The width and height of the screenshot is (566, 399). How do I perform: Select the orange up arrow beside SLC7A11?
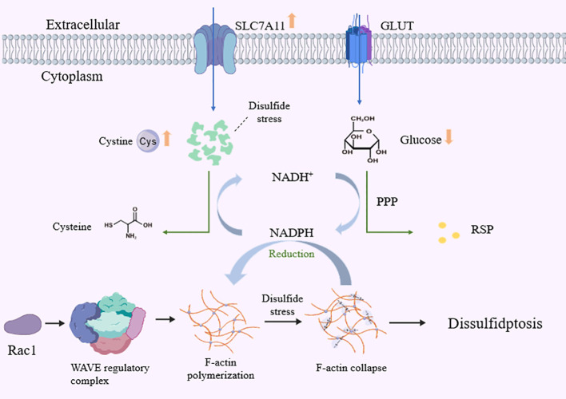click(x=292, y=20)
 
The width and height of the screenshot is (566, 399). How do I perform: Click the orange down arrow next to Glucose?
click(x=448, y=136)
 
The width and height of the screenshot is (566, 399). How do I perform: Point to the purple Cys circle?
click(x=148, y=141)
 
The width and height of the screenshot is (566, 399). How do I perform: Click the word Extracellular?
click(x=82, y=25)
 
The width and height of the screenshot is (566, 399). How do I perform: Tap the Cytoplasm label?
click(x=72, y=76)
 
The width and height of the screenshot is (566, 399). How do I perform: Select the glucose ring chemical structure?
click(x=365, y=140)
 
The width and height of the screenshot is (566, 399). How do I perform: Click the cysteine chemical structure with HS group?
click(x=128, y=223)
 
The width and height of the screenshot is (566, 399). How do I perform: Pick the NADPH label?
click(x=292, y=233)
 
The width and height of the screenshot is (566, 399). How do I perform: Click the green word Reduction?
click(x=291, y=254)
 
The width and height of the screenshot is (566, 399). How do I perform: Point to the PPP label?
click(x=387, y=201)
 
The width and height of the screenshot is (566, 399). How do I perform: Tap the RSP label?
click(x=482, y=229)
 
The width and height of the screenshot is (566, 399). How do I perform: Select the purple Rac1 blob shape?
click(x=22, y=325)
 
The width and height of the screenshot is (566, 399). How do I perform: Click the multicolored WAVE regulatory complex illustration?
click(x=108, y=323)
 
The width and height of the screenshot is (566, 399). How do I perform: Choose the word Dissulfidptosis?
click(x=495, y=323)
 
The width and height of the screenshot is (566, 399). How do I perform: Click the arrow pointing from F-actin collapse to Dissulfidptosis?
click(x=407, y=322)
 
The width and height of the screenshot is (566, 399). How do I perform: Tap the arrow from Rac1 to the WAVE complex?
click(x=55, y=323)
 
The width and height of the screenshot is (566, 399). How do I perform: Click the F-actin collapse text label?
click(x=351, y=368)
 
